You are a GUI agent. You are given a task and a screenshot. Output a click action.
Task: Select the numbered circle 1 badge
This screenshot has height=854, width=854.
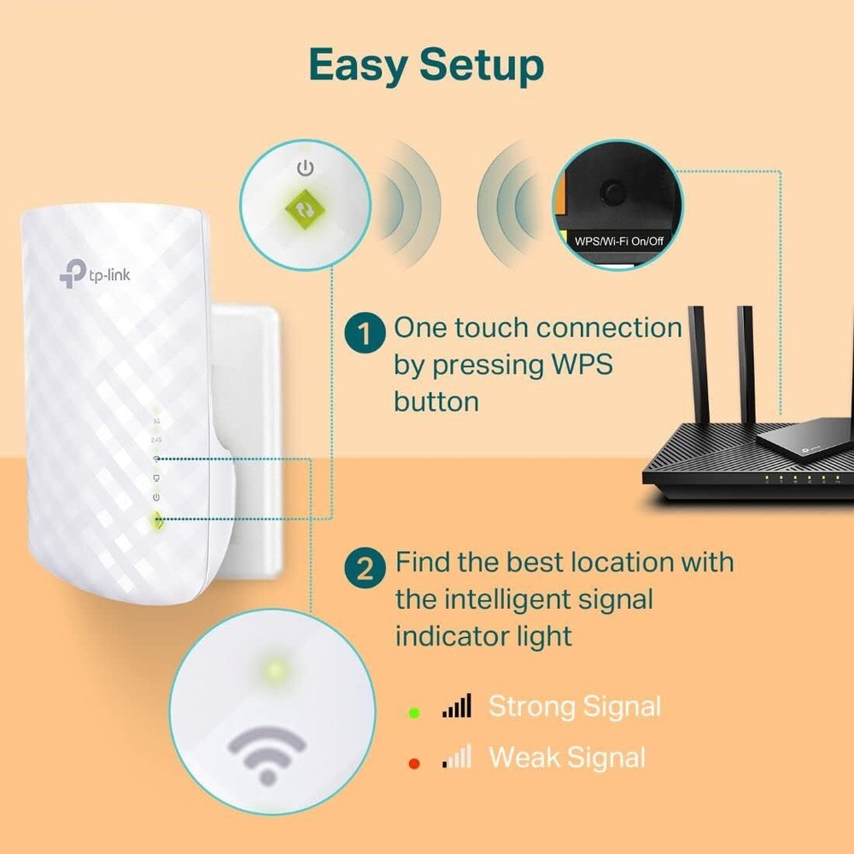coord(365,334)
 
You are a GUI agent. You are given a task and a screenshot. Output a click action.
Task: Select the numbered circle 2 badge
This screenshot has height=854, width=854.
coord(365,570)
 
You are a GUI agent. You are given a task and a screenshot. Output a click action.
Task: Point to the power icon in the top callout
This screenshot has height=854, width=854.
coord(304,168)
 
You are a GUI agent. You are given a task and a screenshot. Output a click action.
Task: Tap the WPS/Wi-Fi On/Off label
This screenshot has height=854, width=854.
coord(619,242)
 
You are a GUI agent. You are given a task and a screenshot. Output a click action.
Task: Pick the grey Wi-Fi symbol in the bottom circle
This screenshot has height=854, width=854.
coord(267,752)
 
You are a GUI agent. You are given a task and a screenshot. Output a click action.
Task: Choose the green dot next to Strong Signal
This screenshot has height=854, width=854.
coord(414,711)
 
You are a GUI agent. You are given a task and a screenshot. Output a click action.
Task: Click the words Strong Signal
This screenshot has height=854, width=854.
coord(574,707)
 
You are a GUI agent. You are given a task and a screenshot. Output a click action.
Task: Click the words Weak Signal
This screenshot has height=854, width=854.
coord(566,757)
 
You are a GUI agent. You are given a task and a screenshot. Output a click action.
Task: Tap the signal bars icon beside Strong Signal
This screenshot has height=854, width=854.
coord(457,706)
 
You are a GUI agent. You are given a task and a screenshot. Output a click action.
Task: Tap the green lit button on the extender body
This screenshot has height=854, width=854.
coord(156,519)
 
